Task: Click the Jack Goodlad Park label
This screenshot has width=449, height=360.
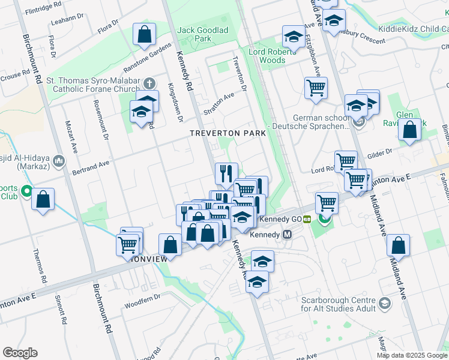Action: (x=194, y=34)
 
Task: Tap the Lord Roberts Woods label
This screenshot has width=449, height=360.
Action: (x=272, y=56)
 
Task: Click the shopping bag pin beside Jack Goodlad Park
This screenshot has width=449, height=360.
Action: (x=145, y=35)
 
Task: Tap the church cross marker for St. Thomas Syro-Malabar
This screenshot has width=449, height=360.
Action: (x=148, y=83)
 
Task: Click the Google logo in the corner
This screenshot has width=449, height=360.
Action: (x=20, y=352)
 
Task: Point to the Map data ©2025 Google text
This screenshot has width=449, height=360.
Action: (x=411, y=355)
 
